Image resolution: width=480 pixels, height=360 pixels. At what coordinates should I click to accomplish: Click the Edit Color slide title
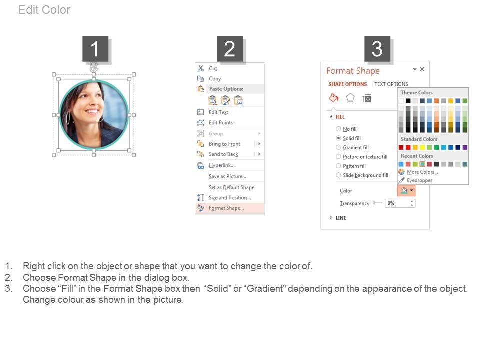point(44,10)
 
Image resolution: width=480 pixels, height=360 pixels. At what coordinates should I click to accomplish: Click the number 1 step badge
point(95,48)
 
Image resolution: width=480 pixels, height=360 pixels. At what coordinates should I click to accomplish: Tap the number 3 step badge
point(377,48)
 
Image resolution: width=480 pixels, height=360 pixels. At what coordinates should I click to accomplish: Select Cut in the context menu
point(213,68)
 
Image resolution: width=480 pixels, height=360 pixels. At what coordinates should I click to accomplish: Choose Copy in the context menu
point(215,79)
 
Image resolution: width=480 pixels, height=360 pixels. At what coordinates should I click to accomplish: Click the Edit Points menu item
point(221,123)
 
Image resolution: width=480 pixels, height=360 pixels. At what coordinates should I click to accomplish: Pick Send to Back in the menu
point(224,154)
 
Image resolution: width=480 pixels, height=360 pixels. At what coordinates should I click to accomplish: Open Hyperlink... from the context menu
point(222,165)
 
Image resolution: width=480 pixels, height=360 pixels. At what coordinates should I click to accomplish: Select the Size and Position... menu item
point(230,198)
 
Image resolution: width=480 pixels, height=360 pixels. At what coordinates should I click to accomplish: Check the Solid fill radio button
point(338,138)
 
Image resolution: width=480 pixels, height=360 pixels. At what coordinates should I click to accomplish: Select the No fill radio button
point(338,129)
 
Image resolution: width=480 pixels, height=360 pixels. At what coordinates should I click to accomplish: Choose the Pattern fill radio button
point(338,166)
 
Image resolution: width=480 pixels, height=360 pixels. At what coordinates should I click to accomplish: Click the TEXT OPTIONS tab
point(391,84)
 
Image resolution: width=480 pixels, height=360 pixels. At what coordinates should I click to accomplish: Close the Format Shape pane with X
point(422,69)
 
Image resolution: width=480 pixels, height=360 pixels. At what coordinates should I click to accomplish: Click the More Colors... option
point(422,172)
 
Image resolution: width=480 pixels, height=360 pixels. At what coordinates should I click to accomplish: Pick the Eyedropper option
point(419,180)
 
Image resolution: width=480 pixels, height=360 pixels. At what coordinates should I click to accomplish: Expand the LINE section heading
point(340,218)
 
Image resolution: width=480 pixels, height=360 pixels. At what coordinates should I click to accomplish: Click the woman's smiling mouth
point(92,111)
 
